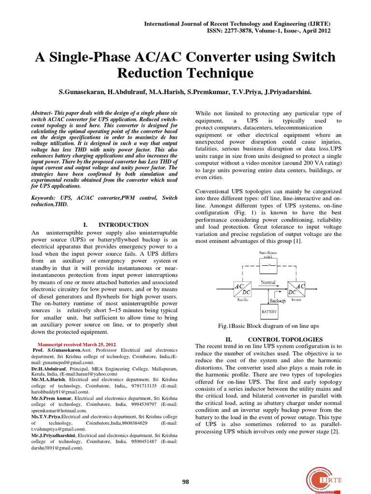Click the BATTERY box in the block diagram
[x=269, y=312]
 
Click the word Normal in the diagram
[x=269, y=282]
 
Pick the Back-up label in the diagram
[x=277, y=301]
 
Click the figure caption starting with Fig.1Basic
[x=269, y=326]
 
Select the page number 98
[x=185, y=481]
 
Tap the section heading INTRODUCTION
[x=124, y=225]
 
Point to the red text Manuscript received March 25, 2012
[x=76, y=344]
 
